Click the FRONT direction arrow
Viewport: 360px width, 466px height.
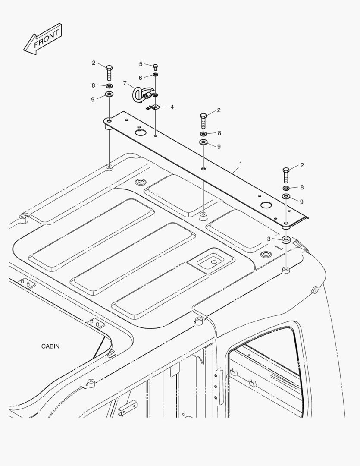[43, 39]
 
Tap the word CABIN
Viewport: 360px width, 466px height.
[50, 346]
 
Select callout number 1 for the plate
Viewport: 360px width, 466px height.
[241, 164]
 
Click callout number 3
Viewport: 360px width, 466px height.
[269, 239]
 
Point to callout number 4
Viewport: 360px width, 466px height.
[172, 107]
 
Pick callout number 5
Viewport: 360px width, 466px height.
[141, 64]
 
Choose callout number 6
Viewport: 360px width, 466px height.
[140, 78]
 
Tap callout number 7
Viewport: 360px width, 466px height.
[125, 83]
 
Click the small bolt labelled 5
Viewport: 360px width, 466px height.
[155, 67]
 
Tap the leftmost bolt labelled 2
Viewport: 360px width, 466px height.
[109, 72]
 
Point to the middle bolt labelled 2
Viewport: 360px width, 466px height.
[203, 120]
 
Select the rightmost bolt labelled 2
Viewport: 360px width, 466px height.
[286, 175]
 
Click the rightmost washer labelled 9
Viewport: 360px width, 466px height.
[286, 196]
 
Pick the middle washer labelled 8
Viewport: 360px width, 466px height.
[203, 134]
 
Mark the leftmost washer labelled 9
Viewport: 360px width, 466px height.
[110, 95]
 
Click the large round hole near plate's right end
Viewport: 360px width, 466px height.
[266, 205]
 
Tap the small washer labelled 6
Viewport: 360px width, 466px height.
[155, 74]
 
